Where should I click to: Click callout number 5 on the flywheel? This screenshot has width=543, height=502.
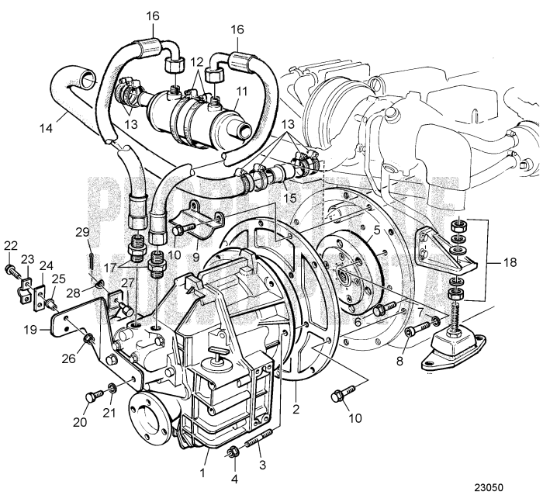pyautogui.click(x=375, y=230)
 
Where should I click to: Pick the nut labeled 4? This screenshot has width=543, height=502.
pyautogui.click(x=233, y=452)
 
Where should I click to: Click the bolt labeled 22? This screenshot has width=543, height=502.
pyautogui.click(x=10, y=269)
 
